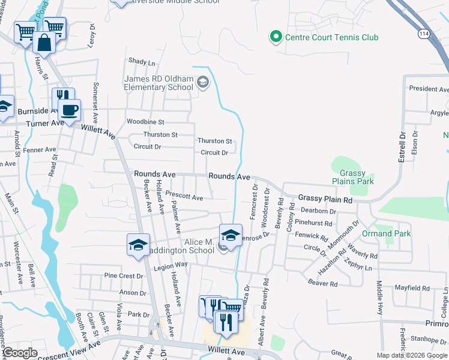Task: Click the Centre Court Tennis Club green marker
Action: pos(276,37)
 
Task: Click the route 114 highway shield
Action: pos(424,35)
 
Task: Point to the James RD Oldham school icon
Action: pos(202,82)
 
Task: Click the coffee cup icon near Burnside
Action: pos(70,110)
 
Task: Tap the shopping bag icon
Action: pos(44,42)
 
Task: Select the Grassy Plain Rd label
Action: pos(325,198)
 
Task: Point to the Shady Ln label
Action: pos(142,62)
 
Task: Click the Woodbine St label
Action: pos(145,122)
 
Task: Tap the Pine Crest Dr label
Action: pos(124,276)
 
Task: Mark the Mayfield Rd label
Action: pos(412,288)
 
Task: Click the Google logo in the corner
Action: pos(19,353)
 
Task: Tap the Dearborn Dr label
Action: pos(318,211)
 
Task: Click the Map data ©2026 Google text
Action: pos(411,355)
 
